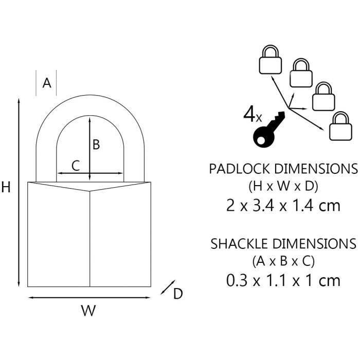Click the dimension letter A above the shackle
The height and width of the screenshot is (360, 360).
(47, 83)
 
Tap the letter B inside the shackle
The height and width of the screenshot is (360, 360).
(96, 145)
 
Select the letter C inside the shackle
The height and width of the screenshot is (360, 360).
(75, 166)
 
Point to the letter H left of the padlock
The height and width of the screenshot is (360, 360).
(6, 188)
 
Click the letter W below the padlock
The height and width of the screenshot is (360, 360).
(89, 311)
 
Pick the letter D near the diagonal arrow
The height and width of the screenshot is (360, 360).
(177, 294)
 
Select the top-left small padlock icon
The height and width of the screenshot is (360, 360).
(270, 60)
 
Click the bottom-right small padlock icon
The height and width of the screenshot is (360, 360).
(340, 127)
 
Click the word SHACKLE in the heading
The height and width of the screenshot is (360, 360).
(241, 243)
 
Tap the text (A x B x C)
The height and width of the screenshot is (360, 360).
(283, 261)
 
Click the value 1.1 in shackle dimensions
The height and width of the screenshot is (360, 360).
(274, 280)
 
